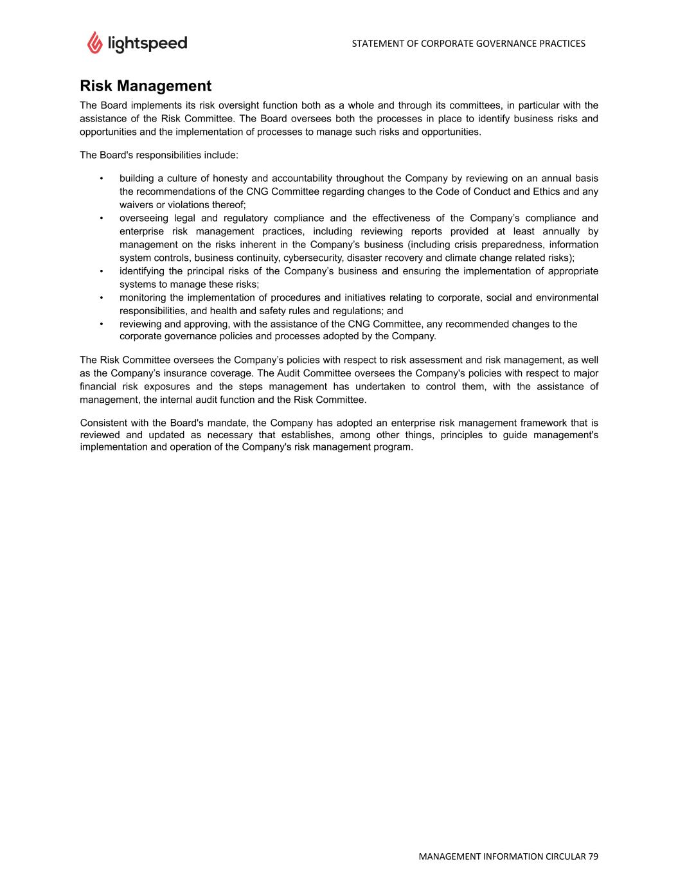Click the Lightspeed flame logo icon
94,42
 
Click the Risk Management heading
145,86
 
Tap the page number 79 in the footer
593,856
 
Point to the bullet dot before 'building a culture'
102,179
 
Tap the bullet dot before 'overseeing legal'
102,218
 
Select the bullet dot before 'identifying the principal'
102,271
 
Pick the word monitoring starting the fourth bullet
143,297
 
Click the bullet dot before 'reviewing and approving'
102,324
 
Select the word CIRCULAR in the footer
565,856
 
